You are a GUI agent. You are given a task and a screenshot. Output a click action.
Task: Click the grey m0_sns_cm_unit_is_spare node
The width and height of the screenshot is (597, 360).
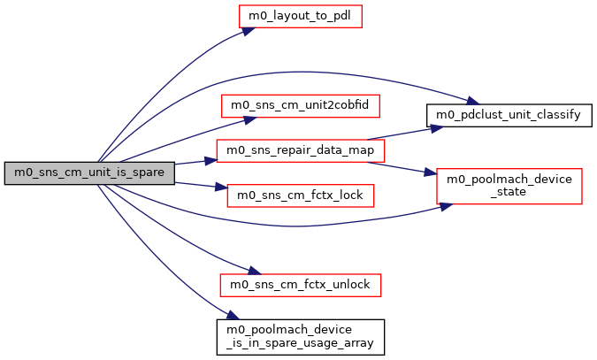click(88, 172)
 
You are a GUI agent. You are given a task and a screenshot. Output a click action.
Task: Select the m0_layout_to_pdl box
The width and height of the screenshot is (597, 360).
click(300, 16)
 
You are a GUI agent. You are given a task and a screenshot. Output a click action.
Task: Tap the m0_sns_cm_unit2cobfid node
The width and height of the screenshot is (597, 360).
click(300, 105)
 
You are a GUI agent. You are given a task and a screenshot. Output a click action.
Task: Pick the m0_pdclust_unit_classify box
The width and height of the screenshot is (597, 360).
click(509, 116)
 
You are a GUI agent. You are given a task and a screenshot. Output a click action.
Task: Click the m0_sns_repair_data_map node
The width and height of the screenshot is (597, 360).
click(300, 150)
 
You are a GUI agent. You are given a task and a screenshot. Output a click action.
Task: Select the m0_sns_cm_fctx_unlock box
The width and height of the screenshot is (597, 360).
click(300, 285)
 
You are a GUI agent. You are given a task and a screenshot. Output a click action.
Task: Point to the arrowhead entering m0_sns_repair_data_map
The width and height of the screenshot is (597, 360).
click(211, 160)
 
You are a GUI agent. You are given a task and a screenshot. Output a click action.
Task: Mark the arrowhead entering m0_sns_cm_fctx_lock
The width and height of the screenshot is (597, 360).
click(221, 188)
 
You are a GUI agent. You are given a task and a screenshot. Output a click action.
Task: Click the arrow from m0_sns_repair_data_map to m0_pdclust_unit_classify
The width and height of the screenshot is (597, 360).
click(402, 134)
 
